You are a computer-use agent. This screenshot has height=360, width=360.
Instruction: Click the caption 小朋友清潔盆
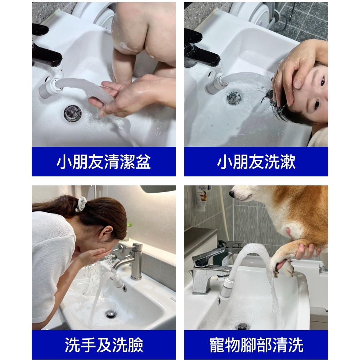(x=104, y=162)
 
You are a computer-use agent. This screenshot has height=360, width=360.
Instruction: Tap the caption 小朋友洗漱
(x=256, y=162)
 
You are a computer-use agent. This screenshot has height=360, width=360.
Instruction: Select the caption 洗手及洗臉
(x=104, y=345)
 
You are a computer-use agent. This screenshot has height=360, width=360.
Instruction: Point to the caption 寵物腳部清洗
(x=256, y=345)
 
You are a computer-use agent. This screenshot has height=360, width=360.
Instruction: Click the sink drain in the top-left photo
(x=73, y=113)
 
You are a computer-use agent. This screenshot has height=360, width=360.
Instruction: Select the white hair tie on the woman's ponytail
(x=81, y=204)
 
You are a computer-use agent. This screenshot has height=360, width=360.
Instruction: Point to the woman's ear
(x=106, y=234)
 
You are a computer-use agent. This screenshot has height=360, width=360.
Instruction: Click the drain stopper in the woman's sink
(x=111, y=314)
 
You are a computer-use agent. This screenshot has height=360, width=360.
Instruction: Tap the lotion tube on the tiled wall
(x=201, y=198)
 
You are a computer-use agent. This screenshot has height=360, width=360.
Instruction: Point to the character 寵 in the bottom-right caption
(x=217, y=345)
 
